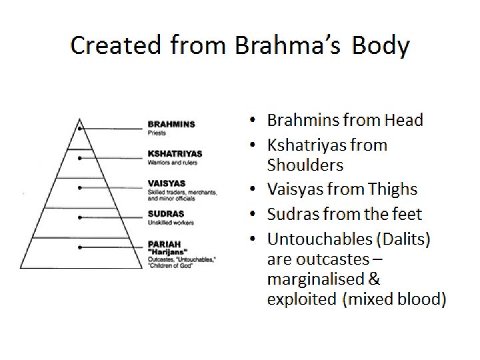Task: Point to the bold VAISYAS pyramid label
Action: pos(164,183)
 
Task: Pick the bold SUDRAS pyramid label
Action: pos(163,213)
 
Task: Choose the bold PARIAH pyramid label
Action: pos(163,243)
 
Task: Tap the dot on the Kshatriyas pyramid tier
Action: pos(80,158)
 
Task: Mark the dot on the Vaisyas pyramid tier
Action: pos(80,187)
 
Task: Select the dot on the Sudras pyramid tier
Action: pos(80,217)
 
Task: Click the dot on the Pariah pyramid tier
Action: pos(80,247)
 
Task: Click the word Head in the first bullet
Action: pos(401,120)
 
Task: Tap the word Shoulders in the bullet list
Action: pos(305,164)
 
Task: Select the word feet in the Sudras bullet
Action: pos(407,214)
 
